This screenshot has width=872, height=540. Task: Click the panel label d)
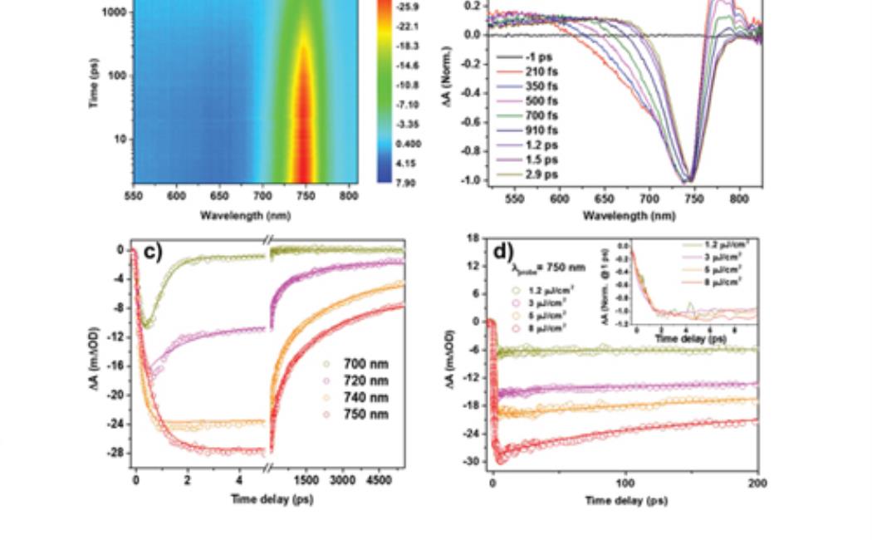pyautogui.click(x=503, y=251)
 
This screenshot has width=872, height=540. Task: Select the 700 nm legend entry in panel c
pyautogui.click(x=365, y=364)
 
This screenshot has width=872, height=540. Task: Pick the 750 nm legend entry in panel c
pyautogui.click(x=365, y=415)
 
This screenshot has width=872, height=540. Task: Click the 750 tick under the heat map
pyautogui.click(x=306, y=196)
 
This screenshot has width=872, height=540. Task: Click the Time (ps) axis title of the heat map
pyautogui.click(x=94, y=83)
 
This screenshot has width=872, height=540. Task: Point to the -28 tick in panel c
pyautogui.click(x=118, y=453)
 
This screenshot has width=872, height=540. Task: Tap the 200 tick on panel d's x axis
pyautogui.click(x=757, y=483)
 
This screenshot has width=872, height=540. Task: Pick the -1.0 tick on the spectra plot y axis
pyautogui.click(x=474, y=179)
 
